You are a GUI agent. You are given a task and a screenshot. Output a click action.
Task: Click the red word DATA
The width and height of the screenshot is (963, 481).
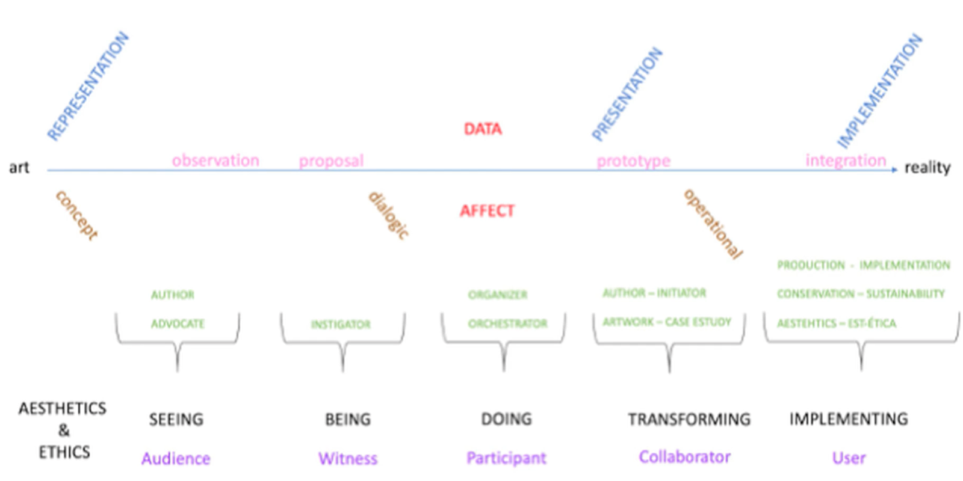pyautogui.click(x=483, y=129)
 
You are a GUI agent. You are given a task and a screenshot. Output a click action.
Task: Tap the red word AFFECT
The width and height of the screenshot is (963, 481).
pyautogui.click(x=487, y=210)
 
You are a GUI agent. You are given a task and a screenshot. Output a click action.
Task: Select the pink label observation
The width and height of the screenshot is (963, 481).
pyautogui.click(x=215, y=161)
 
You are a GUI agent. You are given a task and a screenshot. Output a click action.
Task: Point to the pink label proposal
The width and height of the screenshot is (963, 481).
pyautogui.click(x=331, y=161)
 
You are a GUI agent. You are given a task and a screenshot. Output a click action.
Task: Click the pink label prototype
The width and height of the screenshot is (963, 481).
pyautogui.click(x=633, y=161)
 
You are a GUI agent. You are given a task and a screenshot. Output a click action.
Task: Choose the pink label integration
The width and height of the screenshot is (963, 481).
pyautogui.click(x=846, y=161)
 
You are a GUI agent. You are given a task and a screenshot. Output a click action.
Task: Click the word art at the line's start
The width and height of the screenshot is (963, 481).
pyautogui.click(x=19, y=167)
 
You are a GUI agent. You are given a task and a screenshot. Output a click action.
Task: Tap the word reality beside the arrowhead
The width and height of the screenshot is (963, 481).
pyautogui.click(x=927, y=167)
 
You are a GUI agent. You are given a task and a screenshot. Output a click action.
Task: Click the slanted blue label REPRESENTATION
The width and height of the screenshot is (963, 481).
pyautogui.click(x=88, y=85)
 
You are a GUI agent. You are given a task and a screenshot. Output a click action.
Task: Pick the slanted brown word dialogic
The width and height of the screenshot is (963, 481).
pyautogui.click(x=389, y=215)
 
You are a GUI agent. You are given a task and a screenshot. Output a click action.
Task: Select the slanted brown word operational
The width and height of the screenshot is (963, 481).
pyautogui.click(x=713, y=224)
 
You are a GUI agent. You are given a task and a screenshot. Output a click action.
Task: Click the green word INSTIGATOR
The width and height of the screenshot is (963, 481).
pyautogui.click(x=341, y=325)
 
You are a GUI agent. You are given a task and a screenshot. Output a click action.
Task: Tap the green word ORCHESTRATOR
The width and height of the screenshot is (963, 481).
pyautogui.click(x=508, y=323)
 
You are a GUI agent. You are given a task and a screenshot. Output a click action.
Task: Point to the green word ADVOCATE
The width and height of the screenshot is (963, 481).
pyautogui.click(x=178, y=323)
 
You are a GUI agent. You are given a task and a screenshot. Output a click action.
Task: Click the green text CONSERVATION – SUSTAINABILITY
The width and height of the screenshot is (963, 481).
pyautogui.click(x=861, y=294)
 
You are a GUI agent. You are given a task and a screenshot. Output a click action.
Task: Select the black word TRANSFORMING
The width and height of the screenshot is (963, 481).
pyautogui.click(x=689, y=419)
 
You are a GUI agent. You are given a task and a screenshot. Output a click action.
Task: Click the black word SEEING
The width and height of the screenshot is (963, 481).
pyautogui.click(x=176, y=419)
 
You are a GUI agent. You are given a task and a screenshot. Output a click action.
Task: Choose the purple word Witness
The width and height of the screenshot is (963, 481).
pyautogui.click(x=348, y=459)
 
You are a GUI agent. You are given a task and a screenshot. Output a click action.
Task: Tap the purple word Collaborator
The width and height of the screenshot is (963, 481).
pyautogui.click(x=684, y=457)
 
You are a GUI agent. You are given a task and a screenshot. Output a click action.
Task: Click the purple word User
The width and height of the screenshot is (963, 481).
pyautogui.click(x=849, y=458)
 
